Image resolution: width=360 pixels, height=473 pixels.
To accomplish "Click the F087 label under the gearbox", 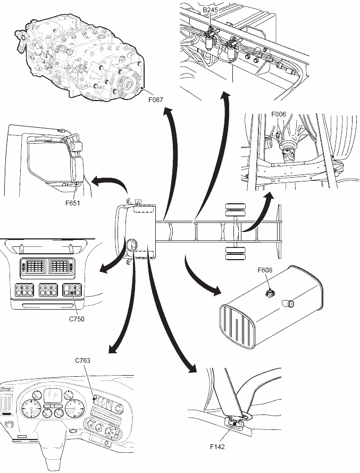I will (157, 99).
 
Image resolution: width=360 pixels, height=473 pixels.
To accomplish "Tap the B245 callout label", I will (211, 10).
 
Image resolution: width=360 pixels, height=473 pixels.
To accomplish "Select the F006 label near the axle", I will (279, 114).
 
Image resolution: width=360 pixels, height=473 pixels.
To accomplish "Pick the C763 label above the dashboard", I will (82, 360).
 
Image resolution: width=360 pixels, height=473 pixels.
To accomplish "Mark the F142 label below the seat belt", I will (217, 447).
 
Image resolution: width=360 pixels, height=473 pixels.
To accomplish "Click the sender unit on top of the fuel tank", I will (270, 292).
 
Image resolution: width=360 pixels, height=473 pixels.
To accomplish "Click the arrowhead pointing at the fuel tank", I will (217, 291).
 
